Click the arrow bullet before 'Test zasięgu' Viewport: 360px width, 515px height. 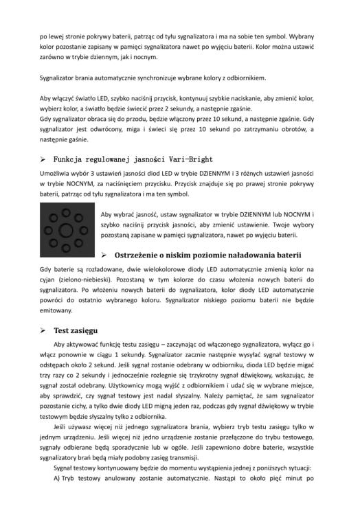point(43,330)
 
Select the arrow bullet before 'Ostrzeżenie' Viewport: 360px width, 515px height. point(104,255)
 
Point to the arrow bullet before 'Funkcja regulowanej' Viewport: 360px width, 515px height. point(43,159)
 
